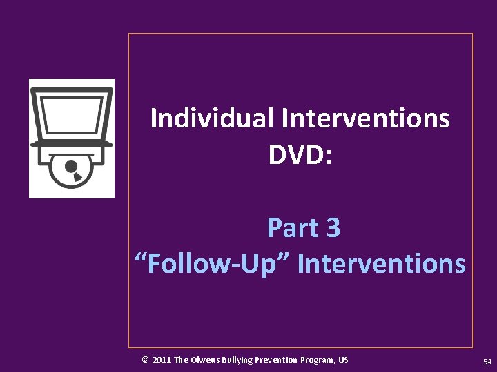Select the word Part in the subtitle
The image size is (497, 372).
click(x=289, y=227)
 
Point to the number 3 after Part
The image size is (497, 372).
click(x=333, y=227)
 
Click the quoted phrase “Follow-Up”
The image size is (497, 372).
click(x=211, y=263)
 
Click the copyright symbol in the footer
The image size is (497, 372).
click(x=145, y=360)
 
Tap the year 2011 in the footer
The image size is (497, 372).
click(x=162, y=360)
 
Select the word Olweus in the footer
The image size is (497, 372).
click(x=205, y=360)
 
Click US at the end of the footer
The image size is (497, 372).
click(x=344, y=360)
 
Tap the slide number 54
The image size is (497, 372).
click(x=487, y=361)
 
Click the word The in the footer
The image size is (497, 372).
click(x=182, y=360)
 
